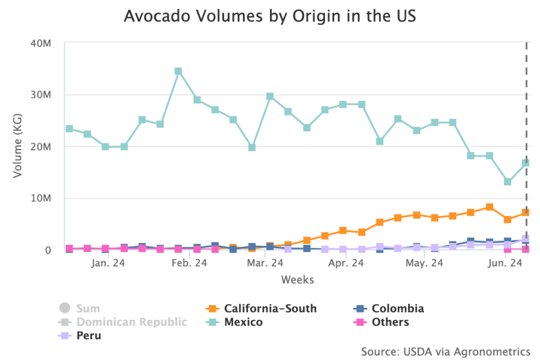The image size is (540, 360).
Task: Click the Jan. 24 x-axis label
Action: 108,263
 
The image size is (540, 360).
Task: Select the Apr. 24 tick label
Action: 346,263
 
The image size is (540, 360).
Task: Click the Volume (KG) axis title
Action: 18,146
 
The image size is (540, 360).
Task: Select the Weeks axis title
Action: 297,279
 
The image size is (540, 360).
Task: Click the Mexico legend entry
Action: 243,322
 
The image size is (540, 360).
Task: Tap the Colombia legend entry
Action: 397,309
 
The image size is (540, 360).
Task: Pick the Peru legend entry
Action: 89,336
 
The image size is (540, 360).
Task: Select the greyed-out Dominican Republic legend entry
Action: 131,322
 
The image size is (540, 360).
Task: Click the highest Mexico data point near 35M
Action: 178,71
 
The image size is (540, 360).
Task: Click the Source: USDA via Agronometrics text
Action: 446,351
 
